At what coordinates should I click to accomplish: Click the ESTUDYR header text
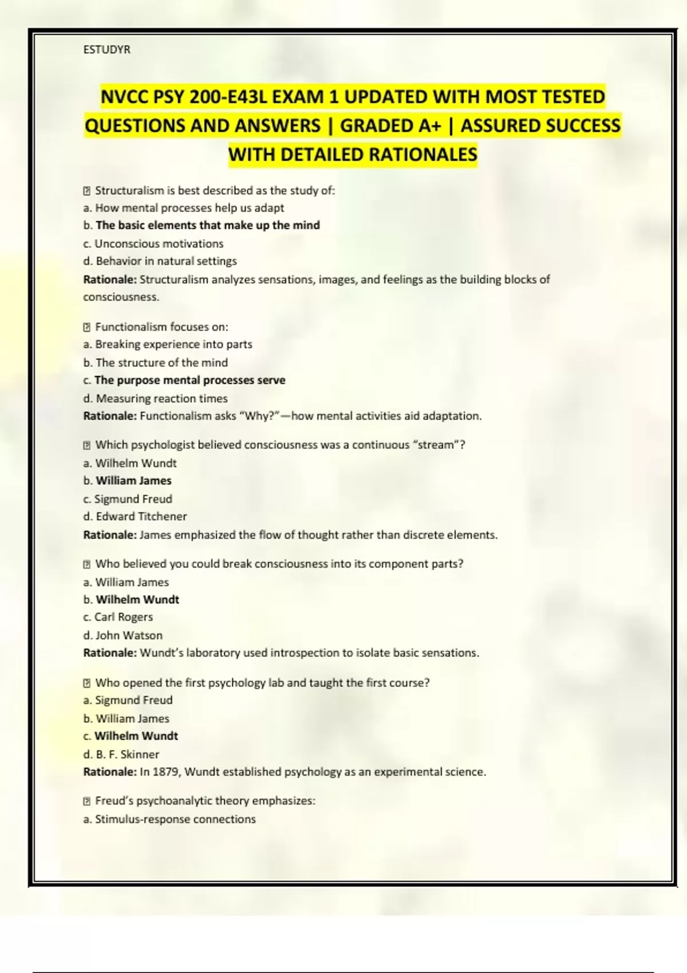click(107, 50)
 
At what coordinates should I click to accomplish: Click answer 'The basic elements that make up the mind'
click(208, 226)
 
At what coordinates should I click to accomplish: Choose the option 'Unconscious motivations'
click(159, 244)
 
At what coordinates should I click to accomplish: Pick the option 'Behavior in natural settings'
click(166, 262)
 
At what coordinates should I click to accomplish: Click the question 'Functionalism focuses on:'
click(161, 327)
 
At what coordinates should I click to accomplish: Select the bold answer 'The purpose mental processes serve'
click(189, 381)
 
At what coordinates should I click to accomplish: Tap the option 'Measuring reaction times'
click(161, 398)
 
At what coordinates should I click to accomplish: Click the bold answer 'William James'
click(133, 481)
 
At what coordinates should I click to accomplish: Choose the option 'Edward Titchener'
click(141, 517)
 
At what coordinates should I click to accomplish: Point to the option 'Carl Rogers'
click(124, 618)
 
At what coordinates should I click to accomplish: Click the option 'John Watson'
click(129, 635)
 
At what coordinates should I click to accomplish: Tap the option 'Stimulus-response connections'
click(175, 820)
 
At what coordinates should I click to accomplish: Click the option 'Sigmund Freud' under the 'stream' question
click(133, 499)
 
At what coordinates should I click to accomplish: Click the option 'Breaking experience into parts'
click(173, 345)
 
